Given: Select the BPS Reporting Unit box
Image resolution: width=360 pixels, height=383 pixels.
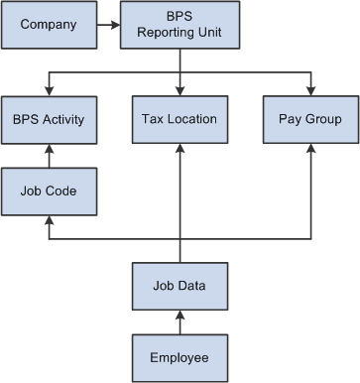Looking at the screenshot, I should [180, 24].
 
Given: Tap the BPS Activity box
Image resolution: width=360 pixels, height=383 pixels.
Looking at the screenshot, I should [48, 120].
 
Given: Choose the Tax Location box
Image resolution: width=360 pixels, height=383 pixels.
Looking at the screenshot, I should [180, 120].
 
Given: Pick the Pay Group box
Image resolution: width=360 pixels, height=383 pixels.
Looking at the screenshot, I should [311, 120].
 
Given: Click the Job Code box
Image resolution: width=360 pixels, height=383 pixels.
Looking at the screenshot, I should [48, 190].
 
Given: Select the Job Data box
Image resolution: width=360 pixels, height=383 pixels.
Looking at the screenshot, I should [180, 287].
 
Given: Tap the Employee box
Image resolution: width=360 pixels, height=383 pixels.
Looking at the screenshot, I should [180, 356].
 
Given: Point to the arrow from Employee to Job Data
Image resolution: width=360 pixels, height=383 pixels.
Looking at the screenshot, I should [180, 321].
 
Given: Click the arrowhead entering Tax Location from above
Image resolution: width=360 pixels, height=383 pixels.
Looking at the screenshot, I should [180, 90].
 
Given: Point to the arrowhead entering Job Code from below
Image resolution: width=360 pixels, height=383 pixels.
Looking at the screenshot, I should [48, 219].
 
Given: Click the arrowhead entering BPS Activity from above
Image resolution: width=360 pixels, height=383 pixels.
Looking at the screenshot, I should [48, 90].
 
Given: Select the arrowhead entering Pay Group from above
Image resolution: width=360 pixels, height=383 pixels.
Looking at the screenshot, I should [311, 90].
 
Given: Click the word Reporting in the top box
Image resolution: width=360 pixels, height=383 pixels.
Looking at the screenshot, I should [180, 31].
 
